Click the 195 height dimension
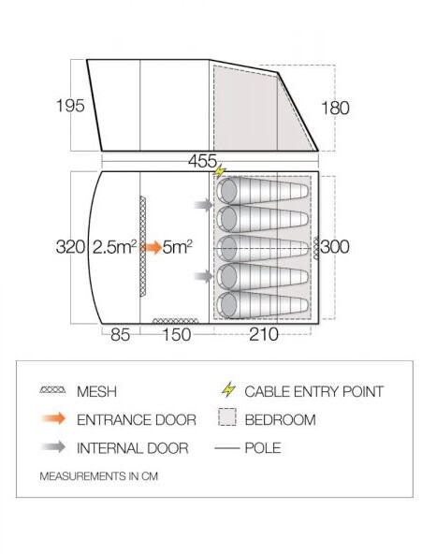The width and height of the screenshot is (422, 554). [70, 106]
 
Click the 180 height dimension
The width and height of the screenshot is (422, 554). [335, 108]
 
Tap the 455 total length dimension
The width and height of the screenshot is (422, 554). [202, 162]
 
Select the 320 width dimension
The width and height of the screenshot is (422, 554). [70, 247]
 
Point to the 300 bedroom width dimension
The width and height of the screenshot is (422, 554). [335, 247]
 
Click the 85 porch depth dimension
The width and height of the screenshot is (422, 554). [121, 334]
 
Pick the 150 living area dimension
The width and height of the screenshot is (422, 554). [176, 334]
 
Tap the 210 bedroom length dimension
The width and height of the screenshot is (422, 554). [264, 334]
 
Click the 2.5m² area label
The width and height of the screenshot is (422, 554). [114, 247]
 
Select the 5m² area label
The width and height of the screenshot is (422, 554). [177, 247]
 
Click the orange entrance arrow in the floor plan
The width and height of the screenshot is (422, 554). [152, 247]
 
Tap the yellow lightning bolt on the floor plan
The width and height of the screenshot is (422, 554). [220, 171]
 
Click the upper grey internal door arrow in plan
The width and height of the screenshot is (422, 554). [203, 205]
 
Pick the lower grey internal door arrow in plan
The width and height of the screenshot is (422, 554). [203, 275]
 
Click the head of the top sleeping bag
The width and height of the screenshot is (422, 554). [228, 191]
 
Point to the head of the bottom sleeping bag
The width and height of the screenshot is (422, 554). [228, 305]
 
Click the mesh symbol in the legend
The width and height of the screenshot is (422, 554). [53, 390]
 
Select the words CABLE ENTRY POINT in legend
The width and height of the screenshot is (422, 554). [314, 391]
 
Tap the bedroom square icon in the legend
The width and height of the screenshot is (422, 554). [227, 417]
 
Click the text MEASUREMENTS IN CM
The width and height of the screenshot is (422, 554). [99, 476]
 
